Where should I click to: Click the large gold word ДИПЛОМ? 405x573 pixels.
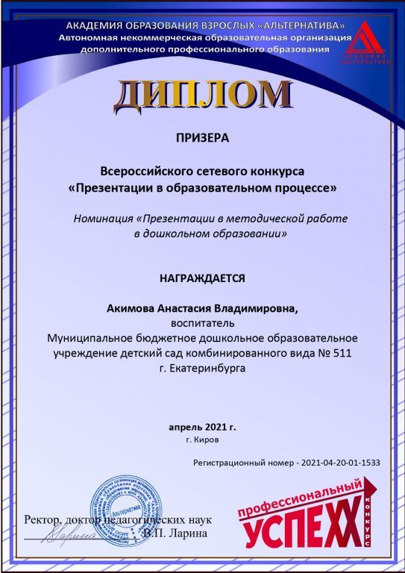202,94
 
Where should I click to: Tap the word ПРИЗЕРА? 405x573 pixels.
202,138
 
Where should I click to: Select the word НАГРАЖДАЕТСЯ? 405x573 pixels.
202,278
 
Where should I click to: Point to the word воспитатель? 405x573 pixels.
202,324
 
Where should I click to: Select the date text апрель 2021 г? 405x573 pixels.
202,428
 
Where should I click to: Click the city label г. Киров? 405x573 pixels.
202,441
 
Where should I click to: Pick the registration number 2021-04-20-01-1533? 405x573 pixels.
339,463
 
